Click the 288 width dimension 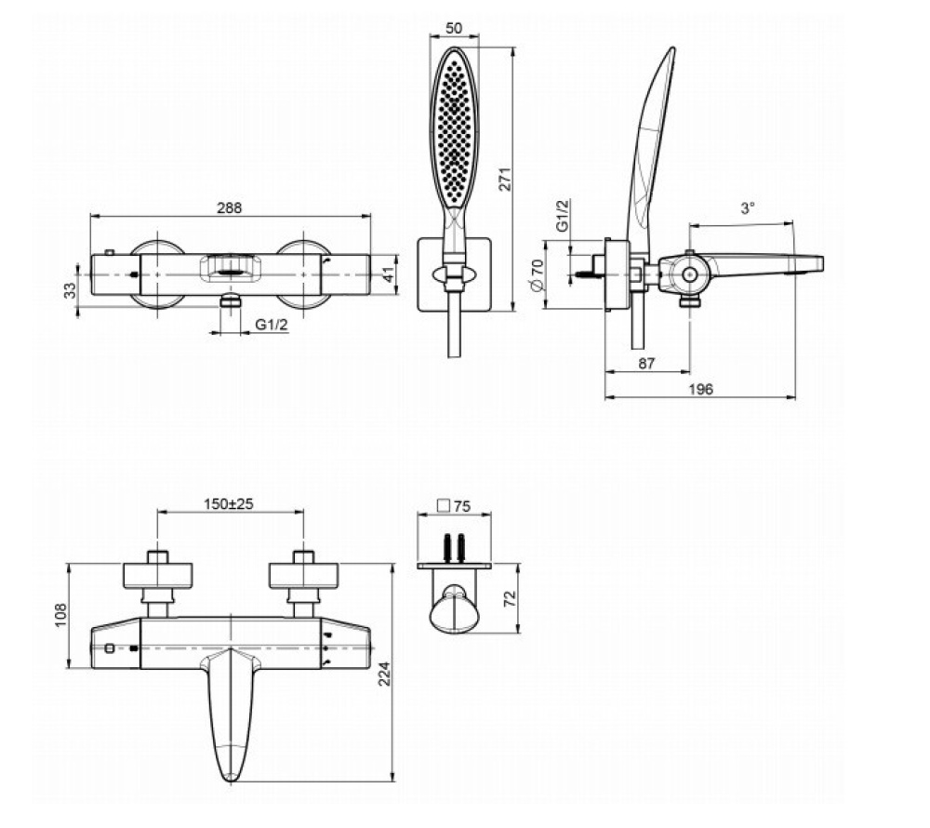(229, 208)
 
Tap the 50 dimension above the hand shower (454, 29)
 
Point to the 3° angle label (748, 210)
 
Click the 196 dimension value (701, 389)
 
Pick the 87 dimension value (648, 364)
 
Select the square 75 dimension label (454, 507)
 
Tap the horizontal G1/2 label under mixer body (270, 324)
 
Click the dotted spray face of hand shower (454, 130)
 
